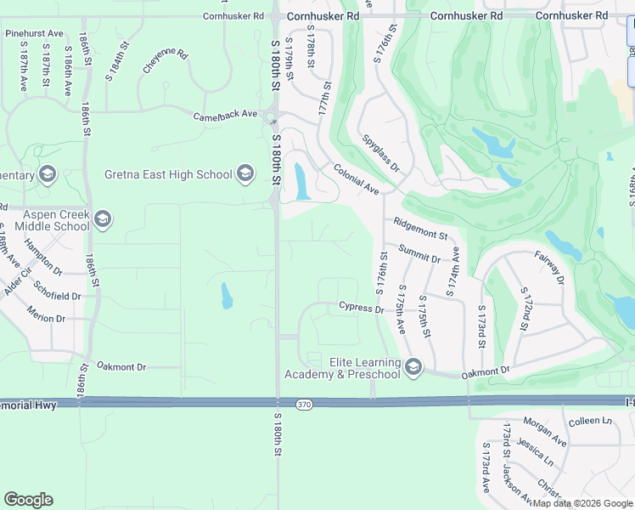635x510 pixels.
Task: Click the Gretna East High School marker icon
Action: click(245, 174)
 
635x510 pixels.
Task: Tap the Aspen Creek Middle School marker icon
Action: click(103, 219)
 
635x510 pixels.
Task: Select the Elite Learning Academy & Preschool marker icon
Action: click(413, 367)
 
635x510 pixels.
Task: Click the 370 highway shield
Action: click(304, 405)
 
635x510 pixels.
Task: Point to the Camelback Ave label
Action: click(225, 115)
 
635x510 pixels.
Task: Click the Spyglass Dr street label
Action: click(380, 153)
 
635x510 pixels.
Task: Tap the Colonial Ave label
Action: click(356, 178)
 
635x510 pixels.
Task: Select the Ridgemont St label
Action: click(420, 228)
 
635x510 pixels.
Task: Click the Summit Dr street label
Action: click(419, 252)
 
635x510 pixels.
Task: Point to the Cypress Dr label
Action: click(361, 307)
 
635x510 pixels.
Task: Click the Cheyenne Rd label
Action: click(165, 60)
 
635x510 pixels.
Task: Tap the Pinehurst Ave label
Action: click(34, 33)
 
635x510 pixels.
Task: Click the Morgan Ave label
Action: click(544, 432)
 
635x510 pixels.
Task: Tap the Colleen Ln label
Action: click(590, 422)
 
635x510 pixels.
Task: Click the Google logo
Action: click(29, 500)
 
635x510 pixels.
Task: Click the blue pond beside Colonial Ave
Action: click(301, 182)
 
